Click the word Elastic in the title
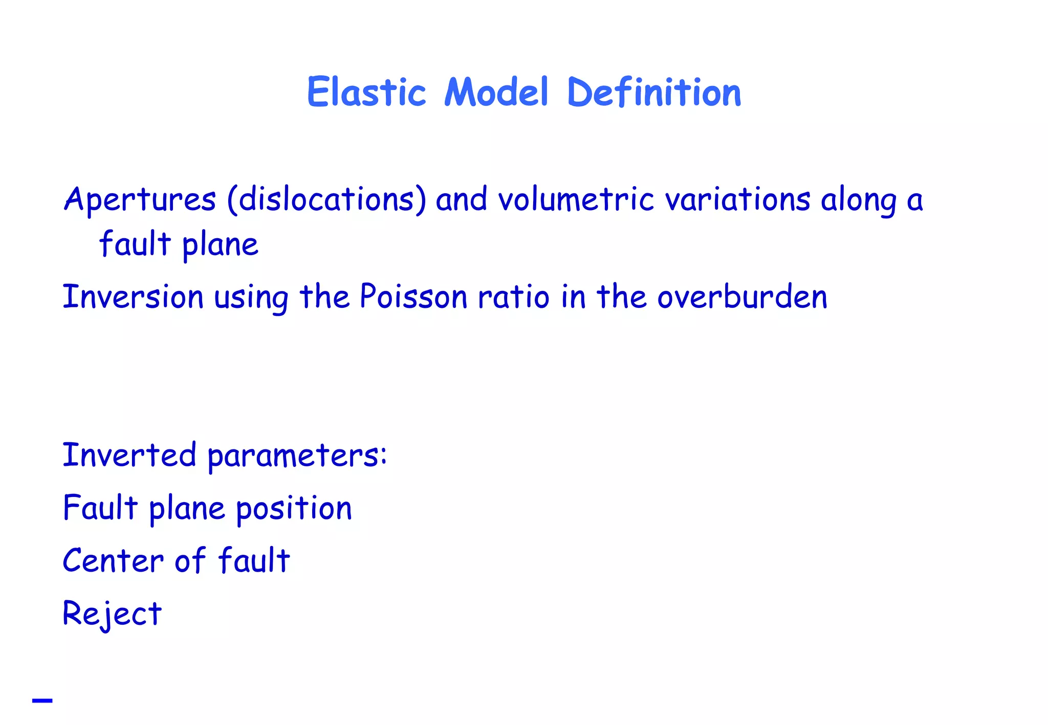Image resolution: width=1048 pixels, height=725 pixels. tap(366, 93)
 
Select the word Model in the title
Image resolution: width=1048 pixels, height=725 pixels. tap(496, 93)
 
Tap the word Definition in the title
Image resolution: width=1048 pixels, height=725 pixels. tap(654, 93)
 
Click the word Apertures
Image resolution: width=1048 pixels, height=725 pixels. tap(140, 199)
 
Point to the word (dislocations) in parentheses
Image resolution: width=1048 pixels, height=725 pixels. tap(326, 199)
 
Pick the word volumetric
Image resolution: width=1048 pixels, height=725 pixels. tap(576, 199)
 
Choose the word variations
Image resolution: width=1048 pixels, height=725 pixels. tap(737, 199)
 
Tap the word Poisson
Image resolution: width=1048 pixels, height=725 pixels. tap(413, 297)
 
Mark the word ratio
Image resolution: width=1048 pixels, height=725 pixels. tap(514, 297)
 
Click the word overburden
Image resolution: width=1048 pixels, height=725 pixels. tap(742, 297)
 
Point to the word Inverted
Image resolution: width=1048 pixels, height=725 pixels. tap(129, 455)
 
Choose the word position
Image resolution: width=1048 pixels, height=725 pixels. tap(294, 509)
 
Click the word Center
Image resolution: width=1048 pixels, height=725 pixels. tap(113, 561)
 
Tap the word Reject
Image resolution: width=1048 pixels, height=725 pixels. tap(112, 614)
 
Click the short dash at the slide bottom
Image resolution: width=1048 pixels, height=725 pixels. tap(42, 700)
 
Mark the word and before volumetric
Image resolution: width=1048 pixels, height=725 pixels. tap(461, 199)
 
